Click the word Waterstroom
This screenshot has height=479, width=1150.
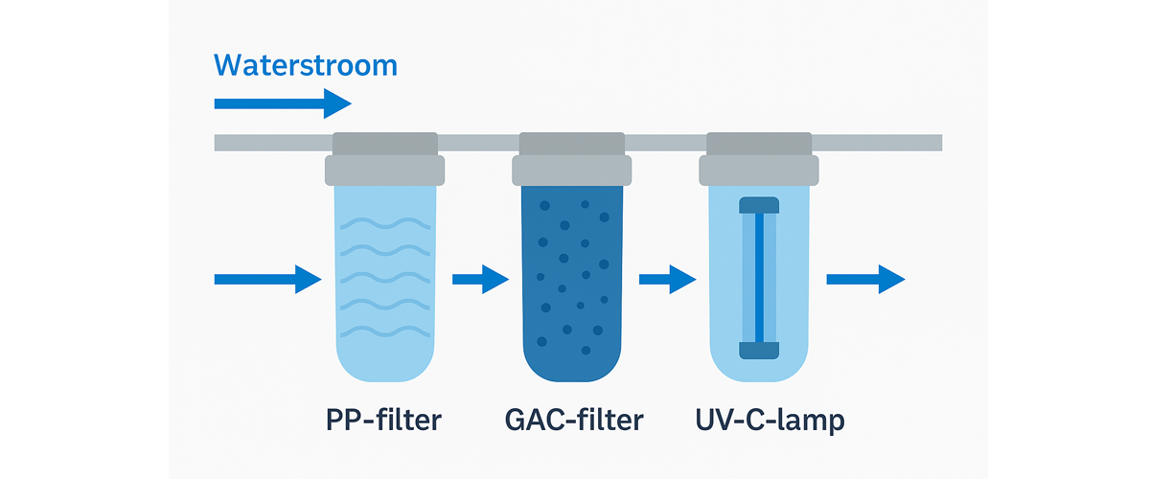pos(305,65)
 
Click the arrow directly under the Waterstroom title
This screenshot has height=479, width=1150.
pos(283,103)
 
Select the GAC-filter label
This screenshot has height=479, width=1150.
pos(573,420)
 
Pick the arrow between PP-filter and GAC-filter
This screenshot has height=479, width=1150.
pos(479,280)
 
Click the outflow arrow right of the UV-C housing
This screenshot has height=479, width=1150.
pos(864,279)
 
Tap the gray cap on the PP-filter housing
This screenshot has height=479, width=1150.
pos(385,170)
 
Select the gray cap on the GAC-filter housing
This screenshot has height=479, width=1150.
pos(572,170)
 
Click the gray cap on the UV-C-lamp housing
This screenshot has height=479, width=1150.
pos(759,170)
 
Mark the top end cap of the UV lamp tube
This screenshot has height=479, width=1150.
pos(759,204)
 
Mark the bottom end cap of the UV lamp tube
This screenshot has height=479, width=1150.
pos(759,351)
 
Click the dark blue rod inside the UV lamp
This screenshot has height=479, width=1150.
pos(759,278)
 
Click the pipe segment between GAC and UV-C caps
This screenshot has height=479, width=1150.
pos(665,143)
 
